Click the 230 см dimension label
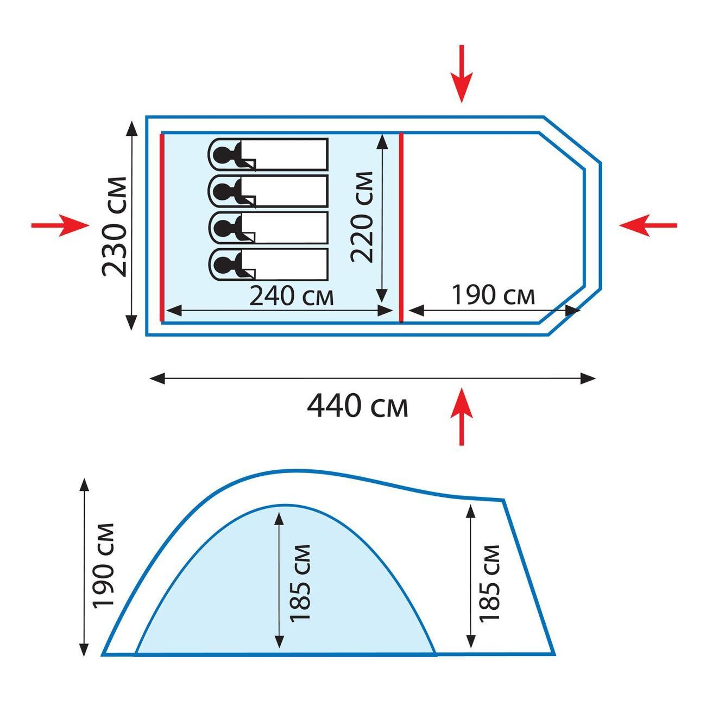tap(114, 227)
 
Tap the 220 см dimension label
tap(362, 217)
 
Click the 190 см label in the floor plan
tap(494, 295)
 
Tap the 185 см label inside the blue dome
tap(300, 583)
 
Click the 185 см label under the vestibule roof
tap(489, 584)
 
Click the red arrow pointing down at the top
tap(462, 74)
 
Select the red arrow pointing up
tap(462, 417)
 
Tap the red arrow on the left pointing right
tap(60, 225)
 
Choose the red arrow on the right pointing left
tap(648, 225)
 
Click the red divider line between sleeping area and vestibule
tap(401, 227)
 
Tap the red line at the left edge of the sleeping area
tap(162, 227)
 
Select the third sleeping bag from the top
tap(268, 228)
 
